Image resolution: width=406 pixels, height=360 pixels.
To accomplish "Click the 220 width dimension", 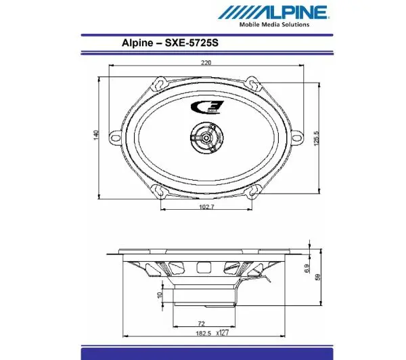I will (x=206, y=63).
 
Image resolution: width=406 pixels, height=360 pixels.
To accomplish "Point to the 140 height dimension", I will (x=97, y=135).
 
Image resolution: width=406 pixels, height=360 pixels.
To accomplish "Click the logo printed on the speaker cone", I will (x=203, y=106).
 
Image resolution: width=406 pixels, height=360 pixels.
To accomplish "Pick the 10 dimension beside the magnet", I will (x=160, y=294).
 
